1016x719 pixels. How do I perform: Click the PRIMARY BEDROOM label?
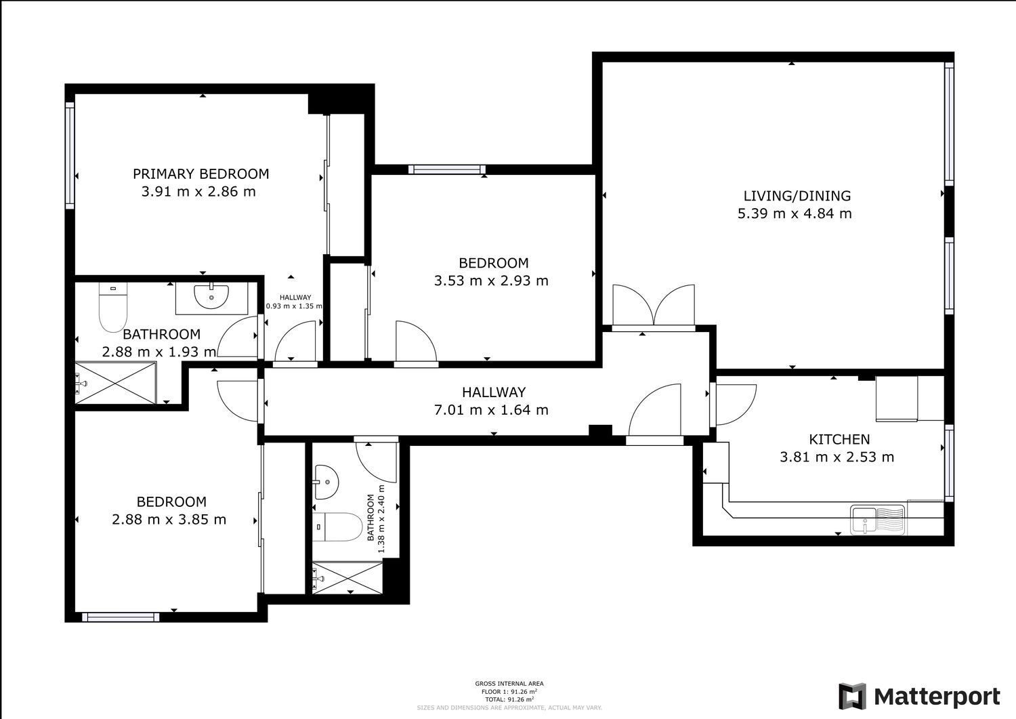(200, 174)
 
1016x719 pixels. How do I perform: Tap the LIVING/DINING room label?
(797, 196)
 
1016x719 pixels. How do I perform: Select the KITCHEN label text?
(839, 439)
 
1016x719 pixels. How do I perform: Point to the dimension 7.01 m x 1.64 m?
(490, 410)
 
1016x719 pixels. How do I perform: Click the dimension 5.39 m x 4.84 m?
(795, 214)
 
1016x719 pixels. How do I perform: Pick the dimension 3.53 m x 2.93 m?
(491, 281)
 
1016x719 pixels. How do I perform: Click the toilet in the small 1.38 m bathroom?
(338, 527)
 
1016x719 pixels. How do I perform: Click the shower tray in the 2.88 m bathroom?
(115, 384)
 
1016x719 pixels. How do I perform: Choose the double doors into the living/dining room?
(653, 306)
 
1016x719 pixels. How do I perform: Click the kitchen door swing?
(734, 404)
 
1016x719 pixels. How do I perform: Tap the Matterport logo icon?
(852, 696)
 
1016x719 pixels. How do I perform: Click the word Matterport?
(937, 697)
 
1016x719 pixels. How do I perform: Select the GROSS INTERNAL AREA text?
(509, 684)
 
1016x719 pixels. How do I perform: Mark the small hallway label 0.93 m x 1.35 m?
(294, 302)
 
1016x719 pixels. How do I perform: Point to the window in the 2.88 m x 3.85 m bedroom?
(121, 617)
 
